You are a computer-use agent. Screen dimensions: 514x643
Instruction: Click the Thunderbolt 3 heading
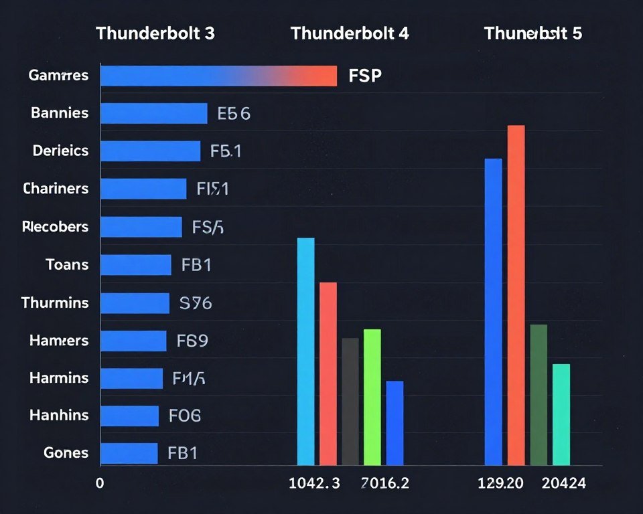155,33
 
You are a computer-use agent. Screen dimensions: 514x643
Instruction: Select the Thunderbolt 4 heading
350,33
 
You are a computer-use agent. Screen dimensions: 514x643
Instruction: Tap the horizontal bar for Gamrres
218,76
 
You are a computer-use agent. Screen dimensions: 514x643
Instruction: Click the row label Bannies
60,113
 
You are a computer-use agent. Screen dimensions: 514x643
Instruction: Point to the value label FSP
365,76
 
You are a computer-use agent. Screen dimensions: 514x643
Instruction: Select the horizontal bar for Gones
129,453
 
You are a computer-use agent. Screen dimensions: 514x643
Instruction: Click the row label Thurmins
55,303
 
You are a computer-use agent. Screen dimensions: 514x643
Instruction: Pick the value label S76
196,303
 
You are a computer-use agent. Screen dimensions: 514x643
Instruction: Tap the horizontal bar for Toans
136,265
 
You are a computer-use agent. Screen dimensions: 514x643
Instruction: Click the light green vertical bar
372,397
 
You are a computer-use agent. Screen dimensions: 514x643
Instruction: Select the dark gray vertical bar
350,401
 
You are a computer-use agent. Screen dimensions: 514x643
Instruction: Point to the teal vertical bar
561,414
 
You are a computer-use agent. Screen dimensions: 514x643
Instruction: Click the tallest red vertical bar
516,294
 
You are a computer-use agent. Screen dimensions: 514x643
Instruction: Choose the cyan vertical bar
305,351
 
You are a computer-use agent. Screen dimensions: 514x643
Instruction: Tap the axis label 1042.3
314,484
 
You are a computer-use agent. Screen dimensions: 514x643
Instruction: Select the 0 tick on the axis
100,484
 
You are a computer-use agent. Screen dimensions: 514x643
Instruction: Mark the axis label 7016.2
385,484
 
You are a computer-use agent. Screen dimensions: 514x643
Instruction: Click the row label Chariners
56,189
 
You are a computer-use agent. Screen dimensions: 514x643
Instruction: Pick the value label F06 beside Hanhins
185,416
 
